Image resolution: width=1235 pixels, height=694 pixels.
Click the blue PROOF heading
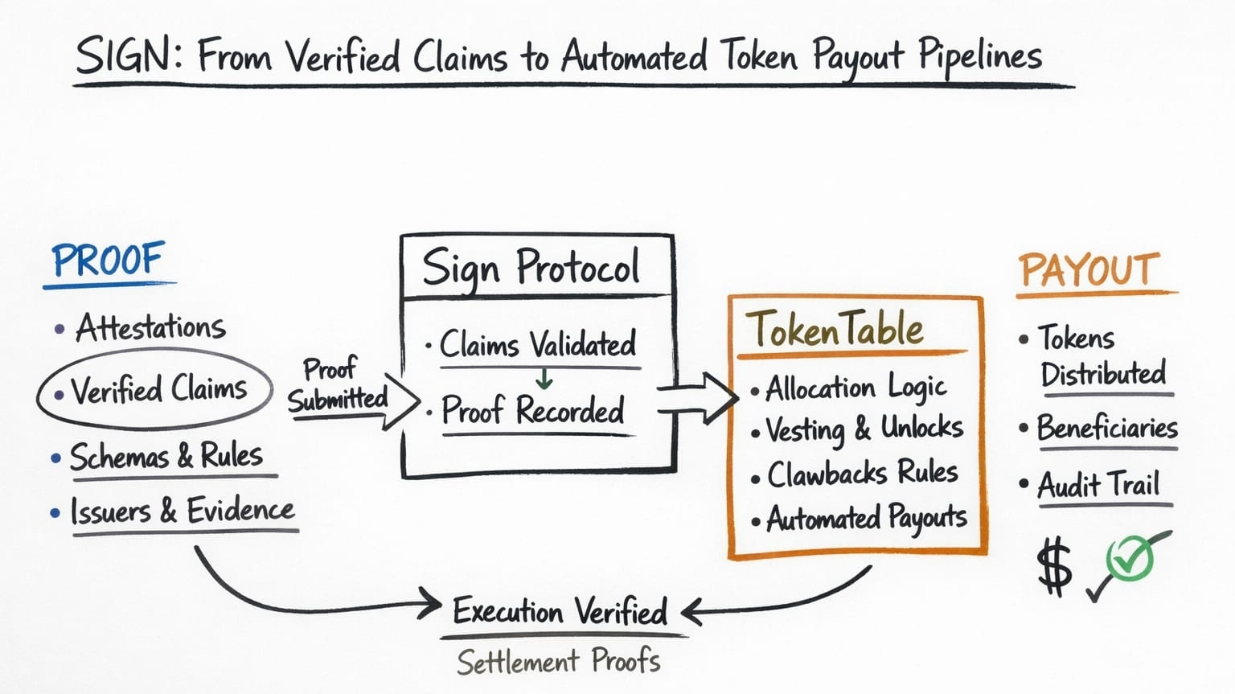pos(108,260)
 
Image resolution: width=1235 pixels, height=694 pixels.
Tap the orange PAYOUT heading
pos(1089,270)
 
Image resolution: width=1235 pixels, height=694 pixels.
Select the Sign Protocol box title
pos(531,267)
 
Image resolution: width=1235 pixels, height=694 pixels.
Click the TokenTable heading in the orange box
pos(835,329)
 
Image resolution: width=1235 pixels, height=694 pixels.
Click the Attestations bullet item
pos(150,327)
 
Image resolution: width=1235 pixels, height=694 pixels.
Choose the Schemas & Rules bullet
pos(166,457)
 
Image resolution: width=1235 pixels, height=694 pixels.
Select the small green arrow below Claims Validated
pos(544,378)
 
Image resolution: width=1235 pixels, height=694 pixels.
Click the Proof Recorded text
pos(532,411)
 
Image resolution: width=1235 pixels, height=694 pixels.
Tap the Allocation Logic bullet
pos(855,388)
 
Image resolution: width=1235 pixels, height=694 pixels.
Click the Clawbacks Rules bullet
pos(862,474)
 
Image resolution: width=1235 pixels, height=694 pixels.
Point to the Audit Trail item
pos(1098,485)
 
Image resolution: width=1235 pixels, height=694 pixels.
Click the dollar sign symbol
pos(1054,566)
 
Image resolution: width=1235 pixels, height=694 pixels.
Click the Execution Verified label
pos(560,612)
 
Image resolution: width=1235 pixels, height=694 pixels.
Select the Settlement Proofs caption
pos(559,662)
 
